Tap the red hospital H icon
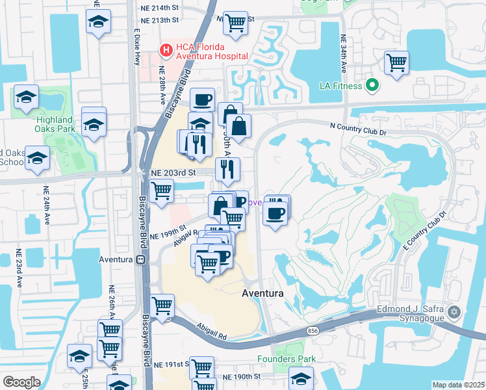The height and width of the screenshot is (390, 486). (x=166, y=49)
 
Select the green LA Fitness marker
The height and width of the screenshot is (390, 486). (x=372, y=84)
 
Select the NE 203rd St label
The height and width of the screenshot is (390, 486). (x=173, y=173)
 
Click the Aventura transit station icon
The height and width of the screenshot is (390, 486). (x=140, y=259)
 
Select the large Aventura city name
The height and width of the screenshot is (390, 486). (x=262, y=293)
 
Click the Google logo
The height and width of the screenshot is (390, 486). (x=21, y=382)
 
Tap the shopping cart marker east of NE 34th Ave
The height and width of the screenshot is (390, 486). (x=396, y=64)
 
